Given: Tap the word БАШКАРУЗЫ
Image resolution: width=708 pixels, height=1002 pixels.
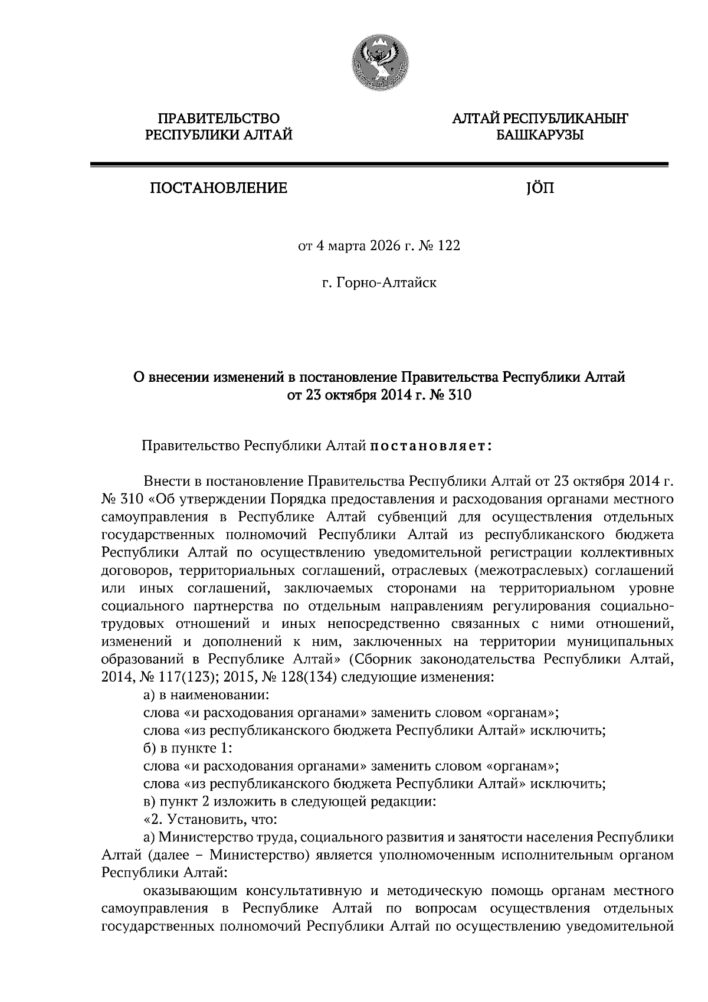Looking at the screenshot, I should [x=539, y=136].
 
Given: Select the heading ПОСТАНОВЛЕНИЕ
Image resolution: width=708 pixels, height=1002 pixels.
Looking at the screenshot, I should [x=218, y=188].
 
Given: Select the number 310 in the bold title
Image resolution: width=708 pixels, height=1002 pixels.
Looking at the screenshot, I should [x=458, y=395].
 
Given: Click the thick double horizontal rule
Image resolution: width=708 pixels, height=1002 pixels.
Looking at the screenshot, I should [x=379, y=166].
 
